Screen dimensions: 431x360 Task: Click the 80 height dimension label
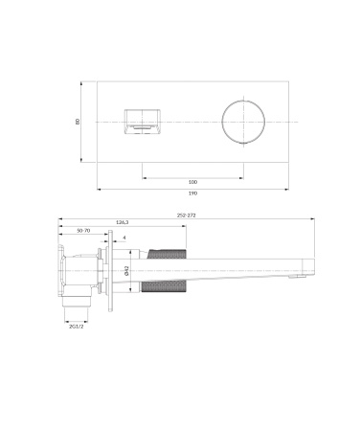(79, 121)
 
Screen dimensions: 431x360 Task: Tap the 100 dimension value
(192, 181)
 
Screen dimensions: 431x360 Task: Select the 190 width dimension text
(194, 193)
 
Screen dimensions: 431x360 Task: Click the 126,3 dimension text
(122, 222)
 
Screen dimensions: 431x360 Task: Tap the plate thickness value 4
(124, 238)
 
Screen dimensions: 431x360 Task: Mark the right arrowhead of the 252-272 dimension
(316, 219)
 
